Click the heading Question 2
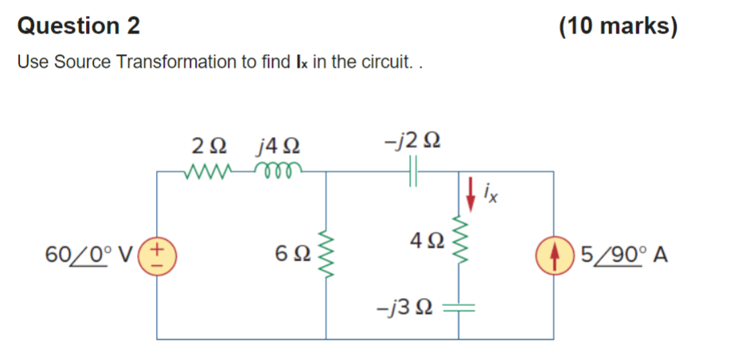79,26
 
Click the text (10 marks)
619,26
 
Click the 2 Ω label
208,147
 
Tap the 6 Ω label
291,256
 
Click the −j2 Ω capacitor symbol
414,171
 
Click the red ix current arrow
471,193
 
